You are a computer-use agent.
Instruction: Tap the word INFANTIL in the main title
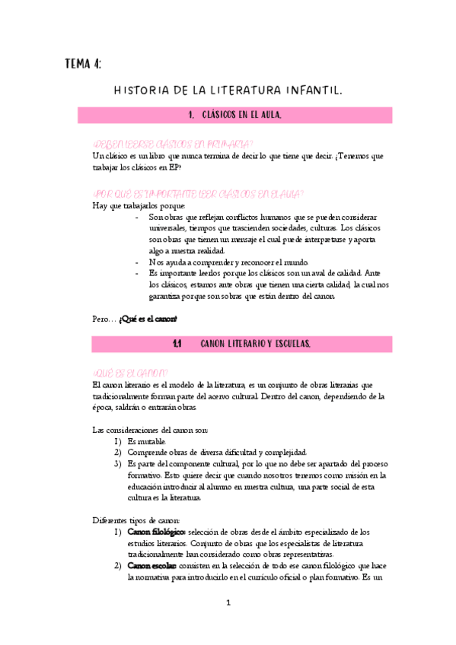click(308, 91)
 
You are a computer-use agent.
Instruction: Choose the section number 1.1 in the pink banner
click(176, 345)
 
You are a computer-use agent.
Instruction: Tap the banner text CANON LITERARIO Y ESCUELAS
click(254, 345)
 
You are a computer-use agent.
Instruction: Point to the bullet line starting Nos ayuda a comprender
click(202, 262)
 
